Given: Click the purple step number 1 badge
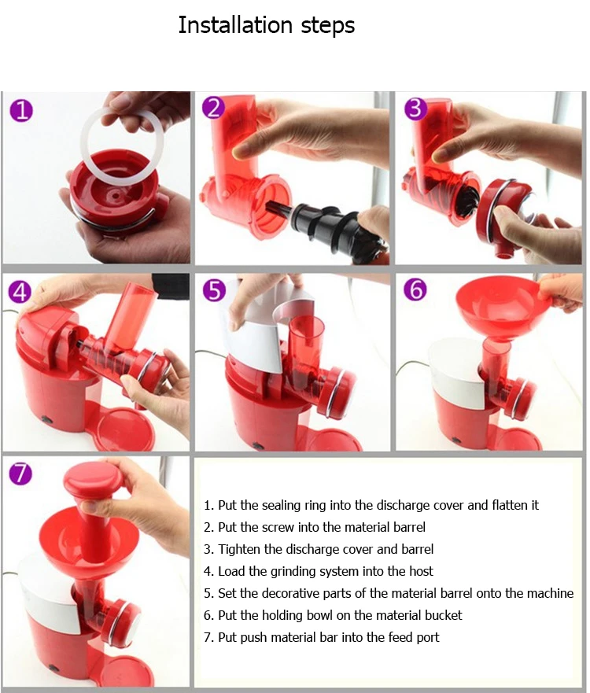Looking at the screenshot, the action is (x=21, y=110).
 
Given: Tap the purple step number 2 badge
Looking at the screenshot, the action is (x=214, y=108).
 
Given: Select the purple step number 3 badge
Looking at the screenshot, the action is (x=416, y=109).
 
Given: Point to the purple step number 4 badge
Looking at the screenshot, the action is (x=20, y=292).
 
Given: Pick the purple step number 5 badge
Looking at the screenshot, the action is (x=214, y=290).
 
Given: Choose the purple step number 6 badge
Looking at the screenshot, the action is (x=415, y=289).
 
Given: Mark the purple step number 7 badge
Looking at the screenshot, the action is (x=20, y=474).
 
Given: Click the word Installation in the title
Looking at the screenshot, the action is (x=235, y=24).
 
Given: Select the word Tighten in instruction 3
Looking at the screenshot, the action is (x=239, y=549).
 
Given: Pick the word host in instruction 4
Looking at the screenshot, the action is (x=421, y=571).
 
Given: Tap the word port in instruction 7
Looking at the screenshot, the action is (x=428, y=638).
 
